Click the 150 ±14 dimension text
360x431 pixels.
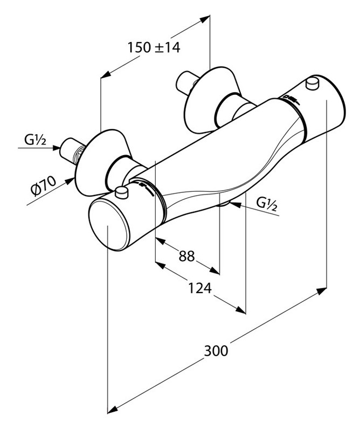[x=154, y=47]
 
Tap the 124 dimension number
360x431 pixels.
[x=199, y=289]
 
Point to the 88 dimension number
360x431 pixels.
[x=186, y=256]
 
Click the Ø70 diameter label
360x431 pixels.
[x=44, y=190]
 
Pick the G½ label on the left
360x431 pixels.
[x=36, y=141]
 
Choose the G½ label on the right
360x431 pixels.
[x=266, y=203]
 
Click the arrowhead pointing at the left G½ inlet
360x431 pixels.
[x=57, y=150]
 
